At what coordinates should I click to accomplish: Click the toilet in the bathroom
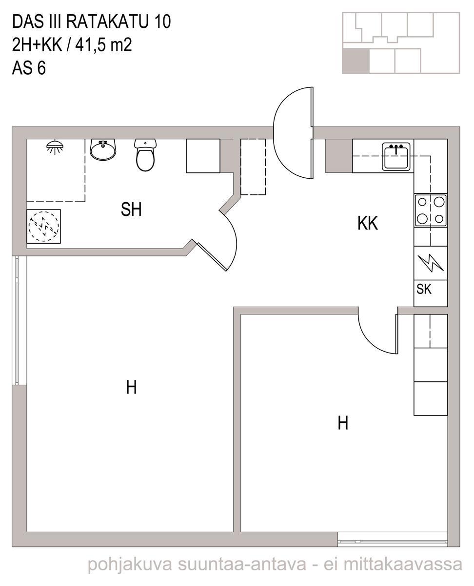click(145, 155)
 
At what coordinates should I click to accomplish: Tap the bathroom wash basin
click(103, 149)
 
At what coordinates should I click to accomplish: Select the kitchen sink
click(396, 156)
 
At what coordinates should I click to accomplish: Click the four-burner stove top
click(431, 210)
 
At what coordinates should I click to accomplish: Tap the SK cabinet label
click(424, 289)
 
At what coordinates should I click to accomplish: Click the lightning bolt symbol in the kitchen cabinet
click(430, 263)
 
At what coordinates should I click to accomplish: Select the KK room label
click(368, 223)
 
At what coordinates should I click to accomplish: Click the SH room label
click(131, 209)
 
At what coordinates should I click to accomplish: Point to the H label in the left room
click(131, 387)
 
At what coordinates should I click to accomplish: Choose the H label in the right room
click(343, 423)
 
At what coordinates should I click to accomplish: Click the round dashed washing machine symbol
click(44, 227)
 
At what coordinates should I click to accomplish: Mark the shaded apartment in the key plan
click(355, 61)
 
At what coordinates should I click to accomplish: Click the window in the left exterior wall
click(17, 320)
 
